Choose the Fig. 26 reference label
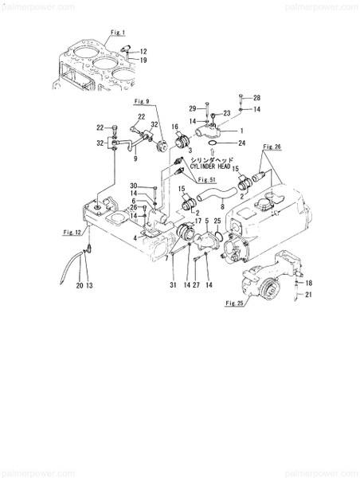(272, 147)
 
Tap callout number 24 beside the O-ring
(241, 143)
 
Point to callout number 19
(143, 60)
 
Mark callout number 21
(310, 296)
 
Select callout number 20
(80, 284)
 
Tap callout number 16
(174, 127)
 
